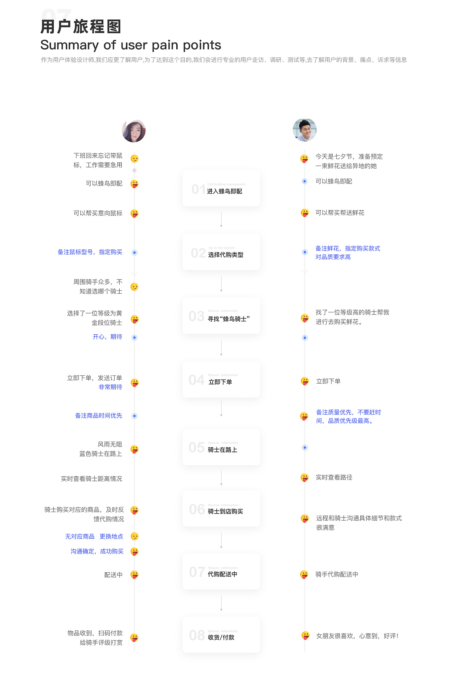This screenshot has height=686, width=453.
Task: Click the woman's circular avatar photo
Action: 134,131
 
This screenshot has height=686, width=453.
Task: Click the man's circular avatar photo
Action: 305,130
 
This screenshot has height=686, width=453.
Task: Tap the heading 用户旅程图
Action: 81,27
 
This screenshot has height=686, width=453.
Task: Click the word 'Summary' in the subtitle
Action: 69,45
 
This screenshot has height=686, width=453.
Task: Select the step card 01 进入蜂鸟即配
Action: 221,188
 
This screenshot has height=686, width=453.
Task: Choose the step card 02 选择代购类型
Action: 221,252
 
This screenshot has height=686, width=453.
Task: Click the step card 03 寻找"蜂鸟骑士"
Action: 221,316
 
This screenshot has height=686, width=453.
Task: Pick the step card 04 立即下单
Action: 221,380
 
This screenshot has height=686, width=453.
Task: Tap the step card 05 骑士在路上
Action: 221,447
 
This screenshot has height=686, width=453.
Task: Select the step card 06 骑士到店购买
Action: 221,509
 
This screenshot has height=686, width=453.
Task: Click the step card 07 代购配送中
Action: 221,572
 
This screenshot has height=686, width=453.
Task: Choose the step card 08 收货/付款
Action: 221,635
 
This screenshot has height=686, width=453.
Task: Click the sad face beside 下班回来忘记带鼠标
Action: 134,159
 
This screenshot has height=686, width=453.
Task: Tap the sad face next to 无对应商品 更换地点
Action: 134,536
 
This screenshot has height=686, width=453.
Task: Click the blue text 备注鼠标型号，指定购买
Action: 90,252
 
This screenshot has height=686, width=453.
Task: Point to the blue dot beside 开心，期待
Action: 134,338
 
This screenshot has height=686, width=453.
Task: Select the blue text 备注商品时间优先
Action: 98,416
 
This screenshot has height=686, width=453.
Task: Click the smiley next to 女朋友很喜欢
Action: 305,636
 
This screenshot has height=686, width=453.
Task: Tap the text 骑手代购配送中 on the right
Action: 337,574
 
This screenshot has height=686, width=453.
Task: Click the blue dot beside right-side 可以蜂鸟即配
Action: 305,181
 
